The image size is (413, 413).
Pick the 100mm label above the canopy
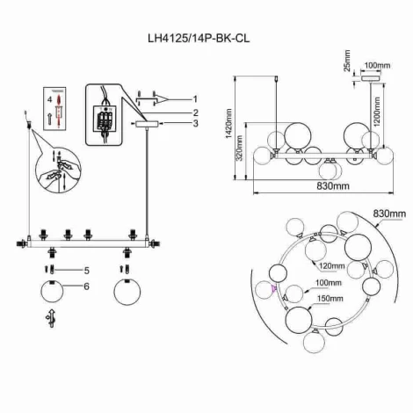(x=377, y=65)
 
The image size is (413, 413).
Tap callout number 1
(x=195, y=98)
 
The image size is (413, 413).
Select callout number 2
(x=195, y=112)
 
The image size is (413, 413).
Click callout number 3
(x=195, y=126)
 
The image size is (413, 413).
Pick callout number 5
(x=86, y=269)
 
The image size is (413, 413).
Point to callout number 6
(x=86, y=286)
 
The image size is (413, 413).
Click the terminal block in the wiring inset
(x=107, y=117)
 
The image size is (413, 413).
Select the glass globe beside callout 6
(x=54, y=294)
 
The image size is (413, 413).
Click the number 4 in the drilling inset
(x=49, y=102)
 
